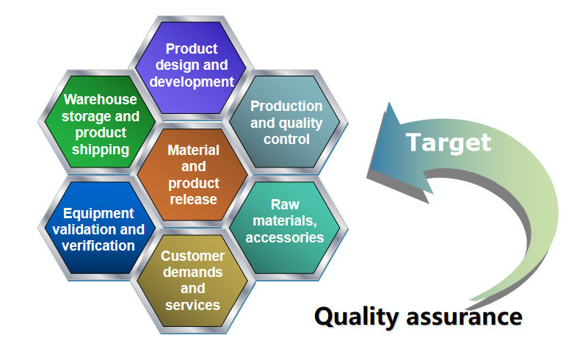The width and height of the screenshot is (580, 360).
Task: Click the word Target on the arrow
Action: tap(449, 143)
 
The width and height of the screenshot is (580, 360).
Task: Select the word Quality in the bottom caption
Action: tap(356, 317)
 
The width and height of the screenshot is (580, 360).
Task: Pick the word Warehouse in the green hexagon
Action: tap(101, 99)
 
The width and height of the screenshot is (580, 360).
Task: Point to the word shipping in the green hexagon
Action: tap(101, 150)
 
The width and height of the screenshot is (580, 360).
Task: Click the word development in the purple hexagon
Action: tap(192, 82)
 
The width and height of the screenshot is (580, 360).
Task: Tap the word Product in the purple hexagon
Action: tap(192, 48)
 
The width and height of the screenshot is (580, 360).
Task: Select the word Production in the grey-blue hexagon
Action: tap(286, 107)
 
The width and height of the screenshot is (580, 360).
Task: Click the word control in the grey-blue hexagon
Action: tap(286, 140)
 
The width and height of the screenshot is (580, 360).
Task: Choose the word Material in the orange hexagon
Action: tap(194, 150)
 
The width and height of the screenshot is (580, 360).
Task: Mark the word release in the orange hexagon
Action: tap(194, 200)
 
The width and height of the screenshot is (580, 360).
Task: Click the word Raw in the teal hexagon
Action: tap(285, 204)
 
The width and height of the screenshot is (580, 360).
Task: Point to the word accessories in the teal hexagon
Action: tap(285, 237)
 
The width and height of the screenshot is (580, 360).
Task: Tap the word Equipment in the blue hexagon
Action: tap(98, 214)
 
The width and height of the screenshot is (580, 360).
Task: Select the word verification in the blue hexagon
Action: tap(98, 246)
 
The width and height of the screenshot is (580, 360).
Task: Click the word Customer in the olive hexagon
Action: tap(192, 256)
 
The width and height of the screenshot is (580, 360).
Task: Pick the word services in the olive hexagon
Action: tap(192, 306)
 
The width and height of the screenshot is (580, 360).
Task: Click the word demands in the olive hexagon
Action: tap(192, 273)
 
